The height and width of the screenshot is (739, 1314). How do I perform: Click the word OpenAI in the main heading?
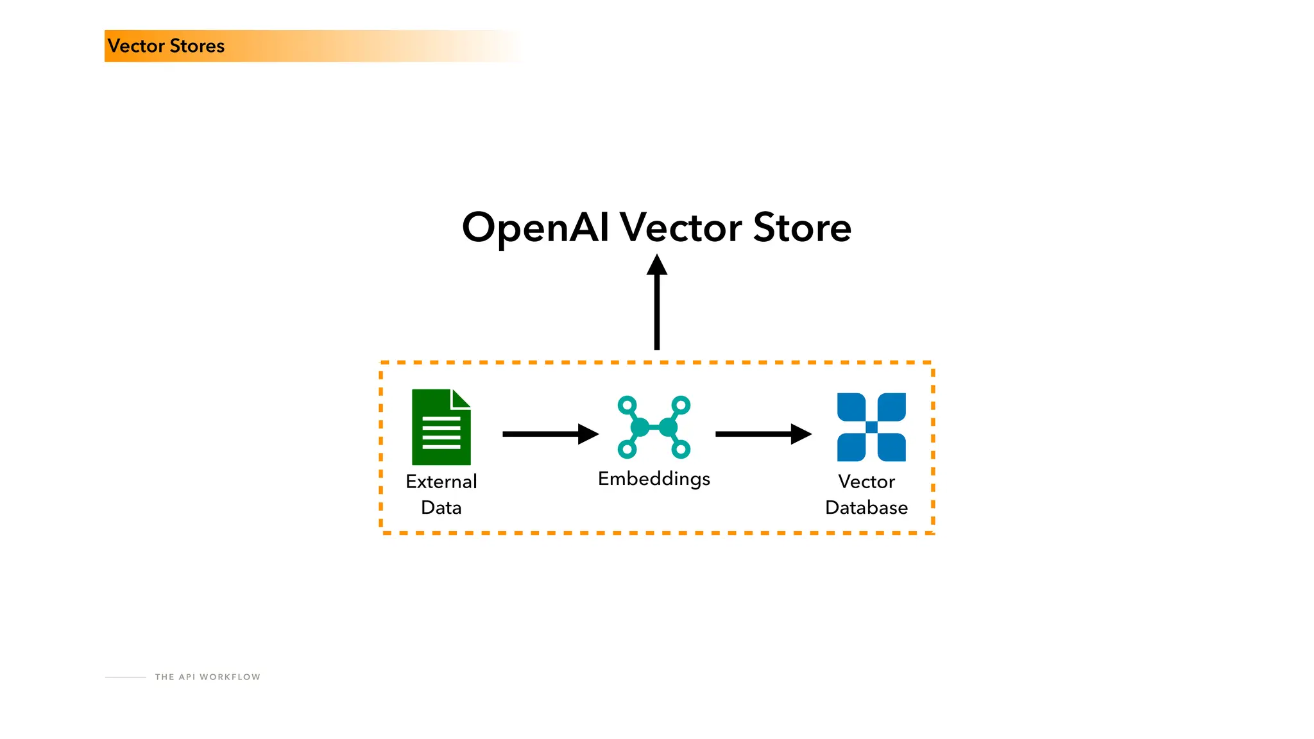535,228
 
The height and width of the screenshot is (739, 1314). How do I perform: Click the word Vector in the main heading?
681,228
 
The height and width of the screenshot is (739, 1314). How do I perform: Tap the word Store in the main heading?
802,228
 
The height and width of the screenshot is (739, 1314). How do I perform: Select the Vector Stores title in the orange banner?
166,46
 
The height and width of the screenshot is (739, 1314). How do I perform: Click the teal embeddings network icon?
654,427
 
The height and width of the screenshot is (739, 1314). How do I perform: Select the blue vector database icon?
871,427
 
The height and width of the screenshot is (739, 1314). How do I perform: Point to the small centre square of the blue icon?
871,427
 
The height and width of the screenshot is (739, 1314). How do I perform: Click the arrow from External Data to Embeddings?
550,434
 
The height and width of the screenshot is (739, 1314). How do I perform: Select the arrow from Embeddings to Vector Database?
763,434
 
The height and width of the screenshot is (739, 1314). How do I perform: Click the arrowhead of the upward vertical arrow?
656,265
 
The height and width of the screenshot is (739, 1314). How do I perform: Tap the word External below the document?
441,482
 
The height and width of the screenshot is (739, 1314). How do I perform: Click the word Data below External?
441,508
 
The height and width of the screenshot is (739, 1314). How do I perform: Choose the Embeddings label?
654,479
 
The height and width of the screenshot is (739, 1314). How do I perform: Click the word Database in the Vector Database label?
866,508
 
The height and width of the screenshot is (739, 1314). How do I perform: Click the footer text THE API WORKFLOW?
207,677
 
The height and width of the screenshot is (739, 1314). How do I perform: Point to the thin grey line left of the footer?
126,677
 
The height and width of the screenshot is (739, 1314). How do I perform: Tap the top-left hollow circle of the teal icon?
627,405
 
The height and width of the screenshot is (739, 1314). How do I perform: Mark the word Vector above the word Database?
866,482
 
